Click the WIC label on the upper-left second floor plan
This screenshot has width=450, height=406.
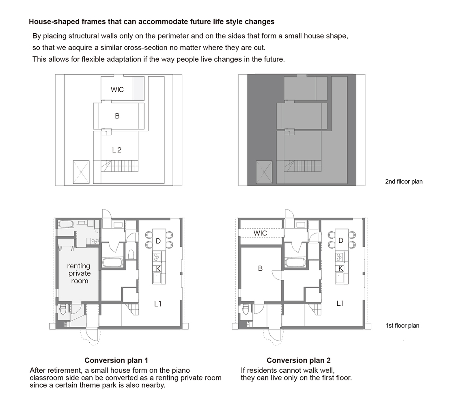click(117, 90)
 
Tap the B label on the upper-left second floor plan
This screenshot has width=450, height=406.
click(117, 116)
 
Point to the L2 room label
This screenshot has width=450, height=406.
click(117, 150)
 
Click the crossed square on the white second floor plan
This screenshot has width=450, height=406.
click(81, 172)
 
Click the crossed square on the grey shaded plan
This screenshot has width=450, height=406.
click(264, 172)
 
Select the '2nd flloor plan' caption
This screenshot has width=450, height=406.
click(404, 181)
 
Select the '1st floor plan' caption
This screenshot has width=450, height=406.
click(403, 326)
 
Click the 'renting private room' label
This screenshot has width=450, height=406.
click(79, 273)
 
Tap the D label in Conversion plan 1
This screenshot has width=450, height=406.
click(158, 241)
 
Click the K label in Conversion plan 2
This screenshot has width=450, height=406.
click(341, 268)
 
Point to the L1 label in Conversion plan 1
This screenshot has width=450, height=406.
click(158, 304)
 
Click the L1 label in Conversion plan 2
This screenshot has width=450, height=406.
click(340, 304)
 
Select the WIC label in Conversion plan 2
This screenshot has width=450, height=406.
click(260, 233)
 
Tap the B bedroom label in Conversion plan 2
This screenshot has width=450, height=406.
click(260, 268)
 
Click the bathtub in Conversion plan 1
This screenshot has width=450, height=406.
click(113, 262)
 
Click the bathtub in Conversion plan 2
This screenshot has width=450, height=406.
click(295, 262)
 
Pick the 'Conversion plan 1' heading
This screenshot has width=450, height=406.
click(116, 361)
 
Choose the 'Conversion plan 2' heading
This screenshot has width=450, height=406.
click(299, 361)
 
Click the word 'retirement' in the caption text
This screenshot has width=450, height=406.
click(64, 370)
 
